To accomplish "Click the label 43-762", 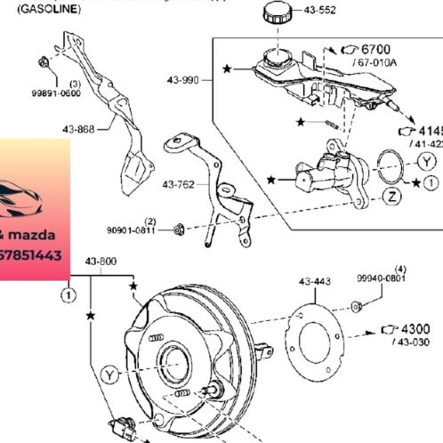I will click(x=178, y=185).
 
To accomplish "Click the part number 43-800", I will click(x=101, y=262).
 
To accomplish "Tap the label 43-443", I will click(x=315, y=281).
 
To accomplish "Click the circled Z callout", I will click(x=391, y=198).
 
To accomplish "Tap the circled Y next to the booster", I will click(x=109, y=373).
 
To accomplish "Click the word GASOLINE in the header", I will click(x=49, y=8).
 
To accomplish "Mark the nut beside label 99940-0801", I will click(x=356, y=306).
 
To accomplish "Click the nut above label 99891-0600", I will click(x=44, y=62).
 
